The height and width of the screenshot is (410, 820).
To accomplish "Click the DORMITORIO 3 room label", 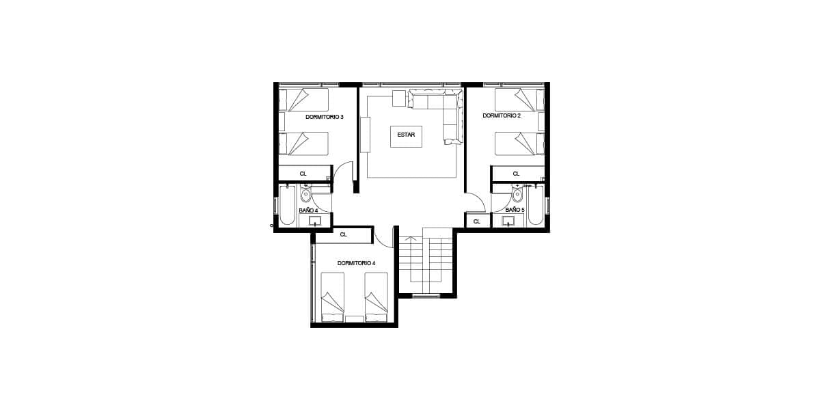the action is [x=325, y=117].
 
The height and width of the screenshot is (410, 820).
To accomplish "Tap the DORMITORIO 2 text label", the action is [x=502, y=115].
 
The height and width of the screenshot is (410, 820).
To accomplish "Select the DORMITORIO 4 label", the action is [x=356, y=263].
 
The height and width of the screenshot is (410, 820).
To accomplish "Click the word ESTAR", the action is [x=406, y=135].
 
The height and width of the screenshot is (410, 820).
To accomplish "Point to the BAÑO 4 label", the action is [x=308, y=210].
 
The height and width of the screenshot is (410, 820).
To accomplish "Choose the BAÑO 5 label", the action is [x=515, y=210].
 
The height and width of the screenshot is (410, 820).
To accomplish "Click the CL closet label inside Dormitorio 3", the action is [x=303, y=174].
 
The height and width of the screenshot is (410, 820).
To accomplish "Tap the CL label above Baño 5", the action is [x=516, y=174].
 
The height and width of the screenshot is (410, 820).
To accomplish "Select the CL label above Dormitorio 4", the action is [x=343, y=234].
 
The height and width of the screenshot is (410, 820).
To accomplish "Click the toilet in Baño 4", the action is [x=305, y=194].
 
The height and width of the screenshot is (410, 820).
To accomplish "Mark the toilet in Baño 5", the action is [x=517, y=194].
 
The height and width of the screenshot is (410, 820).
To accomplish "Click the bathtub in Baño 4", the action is [x=287, y=206].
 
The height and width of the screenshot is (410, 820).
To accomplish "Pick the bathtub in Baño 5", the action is [x=536, y=206].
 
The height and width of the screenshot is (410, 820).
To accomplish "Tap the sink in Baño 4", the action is [x=315, y=221].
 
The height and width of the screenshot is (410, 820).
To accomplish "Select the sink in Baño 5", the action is [x=508, y=221].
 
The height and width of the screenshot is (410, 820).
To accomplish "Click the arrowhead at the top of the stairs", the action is [x=411, y=238].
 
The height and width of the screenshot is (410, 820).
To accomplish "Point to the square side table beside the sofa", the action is [x=399, y=98].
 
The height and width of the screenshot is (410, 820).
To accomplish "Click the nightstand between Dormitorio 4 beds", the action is [x=354, y=318].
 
